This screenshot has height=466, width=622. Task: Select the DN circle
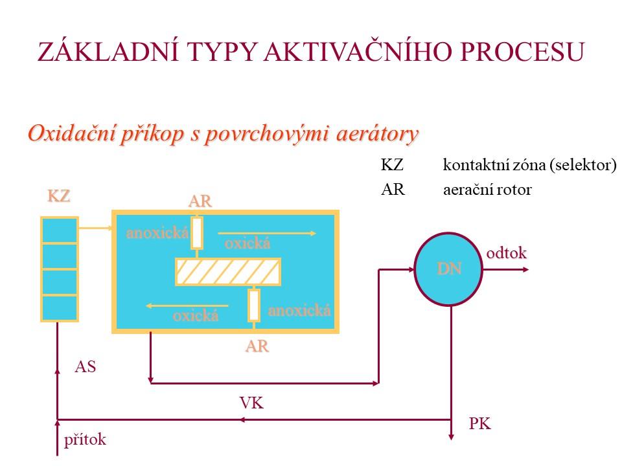[449, 268]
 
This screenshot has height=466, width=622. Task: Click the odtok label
[507, 253]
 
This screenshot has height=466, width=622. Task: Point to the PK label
[479, 425]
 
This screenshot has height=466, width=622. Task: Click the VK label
[251, 403]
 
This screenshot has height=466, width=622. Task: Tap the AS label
[86, 367]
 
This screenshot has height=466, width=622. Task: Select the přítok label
[85, 440]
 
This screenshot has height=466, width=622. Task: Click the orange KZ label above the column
[58, 196]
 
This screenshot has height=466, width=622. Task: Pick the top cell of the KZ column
[59, 230]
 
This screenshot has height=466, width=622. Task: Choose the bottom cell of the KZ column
[59, 308]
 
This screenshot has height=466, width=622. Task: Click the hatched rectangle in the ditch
[228, 272]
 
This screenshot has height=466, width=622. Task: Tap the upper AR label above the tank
[200, 201]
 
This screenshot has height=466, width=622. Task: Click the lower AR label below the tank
[257, 346]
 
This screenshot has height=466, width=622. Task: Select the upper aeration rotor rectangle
[197, 233]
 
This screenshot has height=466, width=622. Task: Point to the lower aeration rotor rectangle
[254, 305]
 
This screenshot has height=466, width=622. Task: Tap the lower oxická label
[195, 316]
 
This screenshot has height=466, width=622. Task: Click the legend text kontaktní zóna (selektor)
[529, 165]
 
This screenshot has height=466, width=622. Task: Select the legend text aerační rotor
[487, 191]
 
